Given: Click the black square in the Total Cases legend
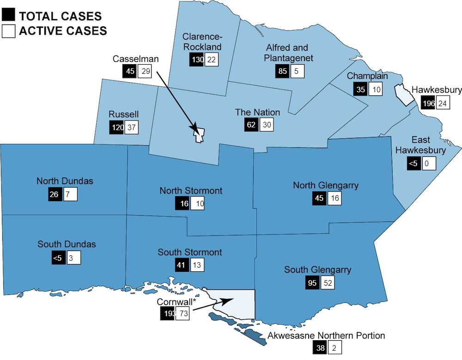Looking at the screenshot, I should pyautogui.click(x=8, y=16).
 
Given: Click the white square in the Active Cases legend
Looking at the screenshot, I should pyautogui.click(x=8, y=31).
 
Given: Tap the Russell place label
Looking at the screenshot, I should pyautogui.click(x=124, y=114).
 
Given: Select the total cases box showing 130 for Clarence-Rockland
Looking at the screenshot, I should pyautogui.click(x=196, y=59).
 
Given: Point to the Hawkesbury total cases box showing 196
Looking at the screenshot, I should pyautogui.click(x=428, y=103).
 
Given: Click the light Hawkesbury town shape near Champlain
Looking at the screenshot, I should pyautogui.click(x=402, y=95).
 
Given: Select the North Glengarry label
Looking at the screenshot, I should pyautogui.click(x=326, y=186).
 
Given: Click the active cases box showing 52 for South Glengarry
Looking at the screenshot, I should pyautogui.click(x=328, y=282).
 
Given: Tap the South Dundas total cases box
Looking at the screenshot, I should pyautogui.click(x=58, y=258).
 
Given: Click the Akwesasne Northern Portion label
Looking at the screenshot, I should pyautogui.click(x=326, y=336).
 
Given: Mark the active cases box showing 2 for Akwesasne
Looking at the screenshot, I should pyautogui.click(x=334, y=349).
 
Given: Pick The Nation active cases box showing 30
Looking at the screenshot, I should pyautogui.click(x=267, y=125).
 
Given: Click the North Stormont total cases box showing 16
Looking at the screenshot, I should pyautogui.click(x=182, y=204).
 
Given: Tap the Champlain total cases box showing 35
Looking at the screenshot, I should pyautogui.click(x=360, y=89).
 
